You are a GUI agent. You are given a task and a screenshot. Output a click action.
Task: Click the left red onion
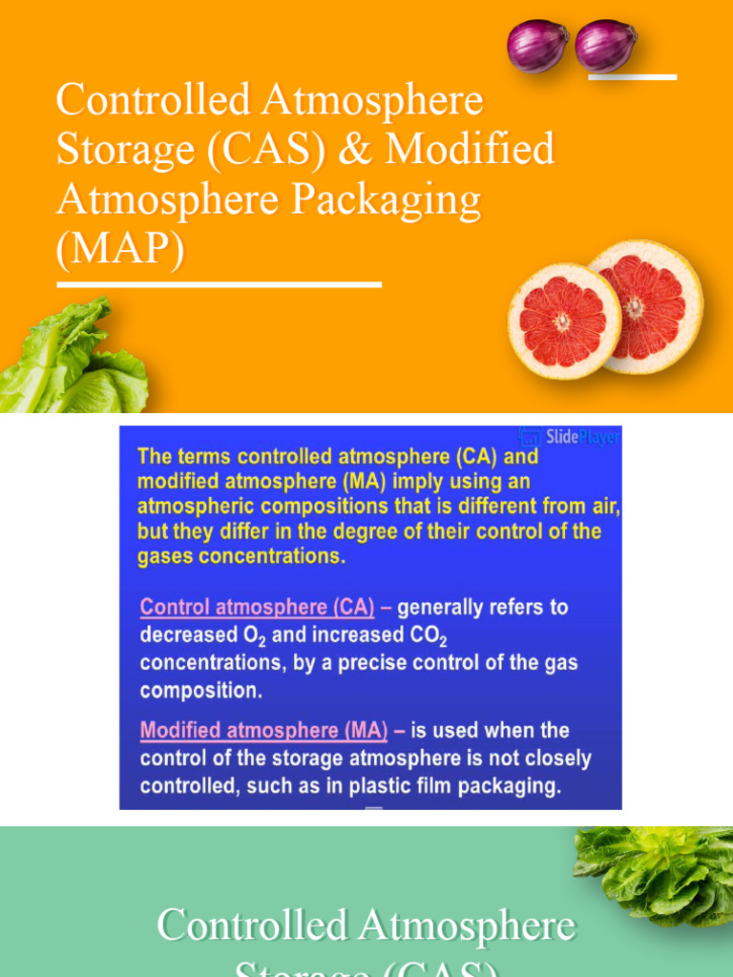coord(537,46)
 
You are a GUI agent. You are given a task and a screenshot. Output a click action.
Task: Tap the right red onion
coord(605,46)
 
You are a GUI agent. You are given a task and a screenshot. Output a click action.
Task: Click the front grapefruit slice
coord(563,321)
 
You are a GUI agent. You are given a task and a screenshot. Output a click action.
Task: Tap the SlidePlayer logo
coord(571,437)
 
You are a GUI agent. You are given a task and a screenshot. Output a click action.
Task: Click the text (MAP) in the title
coord(120,253)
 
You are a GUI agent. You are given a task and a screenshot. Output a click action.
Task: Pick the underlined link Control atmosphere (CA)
coord(263,607)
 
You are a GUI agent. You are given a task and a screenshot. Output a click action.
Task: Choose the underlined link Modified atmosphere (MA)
coord(263,731)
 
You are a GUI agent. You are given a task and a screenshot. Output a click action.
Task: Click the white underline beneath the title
coord(220,283)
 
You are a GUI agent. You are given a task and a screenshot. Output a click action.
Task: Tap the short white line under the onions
coord(632,76)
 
